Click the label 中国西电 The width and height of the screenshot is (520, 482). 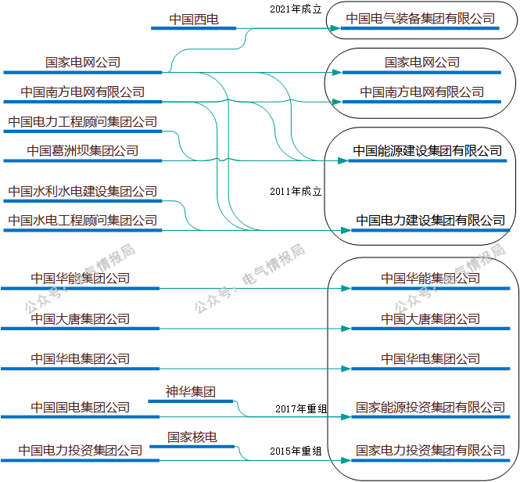[x=194, y=18]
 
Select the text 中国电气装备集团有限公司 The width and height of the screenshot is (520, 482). [x=421, y=18]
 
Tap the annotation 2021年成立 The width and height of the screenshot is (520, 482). [x=289, y=8]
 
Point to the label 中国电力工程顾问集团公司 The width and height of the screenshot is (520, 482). [x=83, y=122]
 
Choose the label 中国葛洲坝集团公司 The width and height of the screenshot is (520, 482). [x=83, y=150]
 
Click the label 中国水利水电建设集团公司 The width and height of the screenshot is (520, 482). [x=83, y=191]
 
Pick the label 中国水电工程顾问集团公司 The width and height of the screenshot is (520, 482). [x=83, y=221]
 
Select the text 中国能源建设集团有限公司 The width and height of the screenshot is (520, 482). [x=427, y=150]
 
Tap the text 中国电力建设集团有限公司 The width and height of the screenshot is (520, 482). [x=430, y=221]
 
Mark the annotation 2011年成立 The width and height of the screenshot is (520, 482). [x=296, y=191]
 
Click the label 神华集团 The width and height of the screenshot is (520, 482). [x=190, y=391]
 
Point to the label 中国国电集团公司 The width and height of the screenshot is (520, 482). [x=81, y=407]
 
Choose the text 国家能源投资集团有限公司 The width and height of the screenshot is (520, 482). [x=430, y=407]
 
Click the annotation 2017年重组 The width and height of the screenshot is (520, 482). [x=301, y=408]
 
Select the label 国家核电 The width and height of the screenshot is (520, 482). [x=192, y=436]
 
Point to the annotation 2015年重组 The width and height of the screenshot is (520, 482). [x=296, y=451]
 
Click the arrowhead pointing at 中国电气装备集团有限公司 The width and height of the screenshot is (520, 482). [x=336, y=30]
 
